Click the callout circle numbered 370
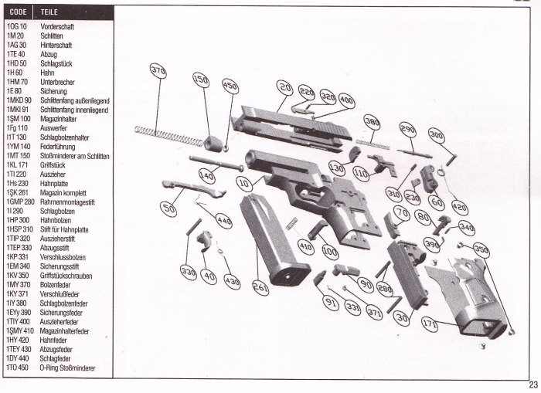(x=158, y=71)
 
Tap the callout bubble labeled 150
(x=201, y=80)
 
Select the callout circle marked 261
(x=260, y=288)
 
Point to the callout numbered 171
(x=429, y=326)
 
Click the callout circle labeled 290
(x=407, y=129)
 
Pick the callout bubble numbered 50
(x=168, y=208)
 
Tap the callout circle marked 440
(x=223, y=221)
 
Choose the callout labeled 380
(x=372, y=122)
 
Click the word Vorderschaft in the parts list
(x=60, y=25)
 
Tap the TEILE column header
(x=53, y=13)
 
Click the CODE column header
(x=19, y=13)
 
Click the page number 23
(x=532, y=385)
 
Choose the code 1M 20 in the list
(x=16, y=36)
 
